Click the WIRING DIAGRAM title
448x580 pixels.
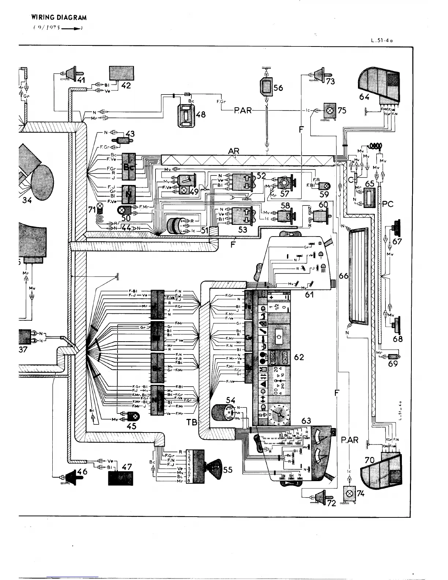pos(59,17)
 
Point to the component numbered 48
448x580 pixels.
pos(187,116)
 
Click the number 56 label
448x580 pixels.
pos(279,88)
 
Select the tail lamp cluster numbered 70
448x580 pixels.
pos(381,470)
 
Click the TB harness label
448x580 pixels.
pos(191,422)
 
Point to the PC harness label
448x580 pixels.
pos(388,204)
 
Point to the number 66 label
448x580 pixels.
pos(343,276)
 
